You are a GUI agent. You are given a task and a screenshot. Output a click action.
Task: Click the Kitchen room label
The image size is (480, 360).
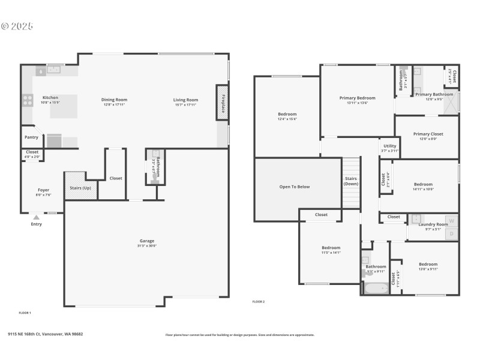coord(50,97)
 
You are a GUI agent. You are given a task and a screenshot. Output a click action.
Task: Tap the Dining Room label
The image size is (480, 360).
coord(114,100)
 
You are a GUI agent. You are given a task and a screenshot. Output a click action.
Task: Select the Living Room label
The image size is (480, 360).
coord(185,100)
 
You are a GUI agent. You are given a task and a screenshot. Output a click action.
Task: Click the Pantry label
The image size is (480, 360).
coord(31,137)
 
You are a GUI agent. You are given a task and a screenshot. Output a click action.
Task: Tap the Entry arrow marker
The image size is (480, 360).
coord(37,217)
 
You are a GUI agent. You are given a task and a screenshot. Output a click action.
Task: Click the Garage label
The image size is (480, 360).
coord(147,241)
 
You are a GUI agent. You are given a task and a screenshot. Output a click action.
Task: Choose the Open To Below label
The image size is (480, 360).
coord(295,187)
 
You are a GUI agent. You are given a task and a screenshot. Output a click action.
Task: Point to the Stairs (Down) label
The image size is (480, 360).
coord(352,181)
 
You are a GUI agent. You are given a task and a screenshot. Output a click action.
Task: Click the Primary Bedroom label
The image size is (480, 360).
coord(357,98)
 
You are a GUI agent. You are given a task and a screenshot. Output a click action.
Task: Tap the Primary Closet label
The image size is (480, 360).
coord(428,134)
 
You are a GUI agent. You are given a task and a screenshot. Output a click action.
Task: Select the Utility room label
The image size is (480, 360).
coord(389,146)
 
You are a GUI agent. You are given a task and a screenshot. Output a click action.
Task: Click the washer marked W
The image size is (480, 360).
coord(452,221)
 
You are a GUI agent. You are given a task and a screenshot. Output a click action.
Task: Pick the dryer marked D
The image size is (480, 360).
coord(452,233)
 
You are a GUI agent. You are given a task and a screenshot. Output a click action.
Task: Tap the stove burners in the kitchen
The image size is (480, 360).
coord(28,100)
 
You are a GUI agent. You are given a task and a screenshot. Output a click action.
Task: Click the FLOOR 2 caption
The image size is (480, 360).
coord(258,302)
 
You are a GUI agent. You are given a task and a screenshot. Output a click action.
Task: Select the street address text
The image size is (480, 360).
coord(45,334)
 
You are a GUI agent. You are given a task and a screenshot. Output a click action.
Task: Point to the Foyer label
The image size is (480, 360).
coord(44,190)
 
